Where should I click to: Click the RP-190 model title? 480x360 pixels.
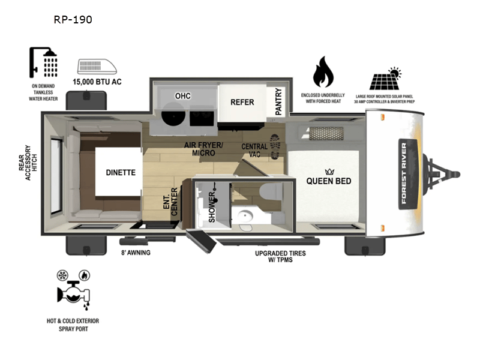click(73, 20)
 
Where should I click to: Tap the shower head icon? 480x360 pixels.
click(44, 61)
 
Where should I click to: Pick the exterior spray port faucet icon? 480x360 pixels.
click(74, 291)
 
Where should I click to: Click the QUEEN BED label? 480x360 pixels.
click(329, 181)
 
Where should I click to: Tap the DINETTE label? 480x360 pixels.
click(121, 173)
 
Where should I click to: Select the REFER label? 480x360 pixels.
click(242, 102)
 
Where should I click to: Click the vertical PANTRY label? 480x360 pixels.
click(278, 101)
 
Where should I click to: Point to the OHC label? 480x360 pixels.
click(182, 96)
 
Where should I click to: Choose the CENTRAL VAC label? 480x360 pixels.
click(254, 151)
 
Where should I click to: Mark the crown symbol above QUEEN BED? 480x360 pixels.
click(329, 170)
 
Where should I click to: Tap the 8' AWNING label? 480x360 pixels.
click(135, 253)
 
